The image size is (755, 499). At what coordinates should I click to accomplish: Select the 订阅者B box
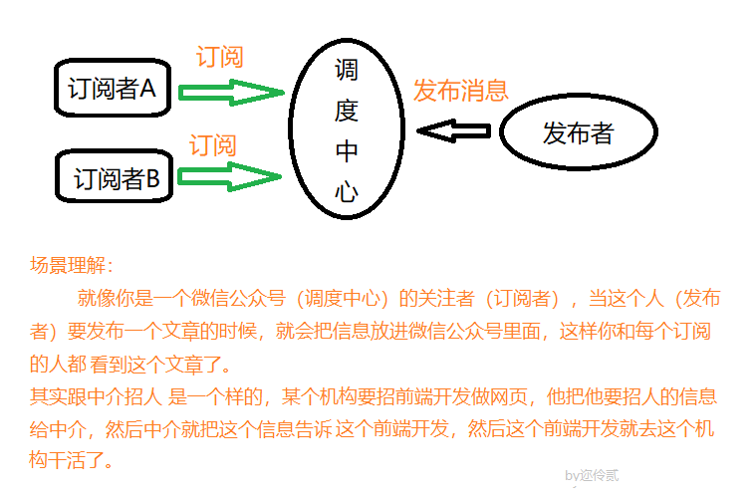[x=116, y=178]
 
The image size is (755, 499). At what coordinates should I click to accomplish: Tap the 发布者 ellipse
[x=578, y=133]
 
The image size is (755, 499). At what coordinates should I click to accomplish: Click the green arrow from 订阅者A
[x=231, y=93]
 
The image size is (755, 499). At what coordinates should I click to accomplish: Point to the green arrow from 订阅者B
[x=231, y=178]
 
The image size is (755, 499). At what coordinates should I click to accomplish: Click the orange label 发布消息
[x=461, y=90]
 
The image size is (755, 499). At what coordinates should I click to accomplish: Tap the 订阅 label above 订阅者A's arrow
[x=219, y=57]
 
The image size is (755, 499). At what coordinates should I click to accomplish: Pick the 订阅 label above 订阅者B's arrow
[x=213, y=145]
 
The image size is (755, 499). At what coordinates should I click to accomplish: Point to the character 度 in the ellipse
[x=346, y=111]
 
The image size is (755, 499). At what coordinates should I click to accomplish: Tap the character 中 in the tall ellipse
[x=346, y=152]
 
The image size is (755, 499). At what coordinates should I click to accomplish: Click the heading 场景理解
[x=72, y=265]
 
